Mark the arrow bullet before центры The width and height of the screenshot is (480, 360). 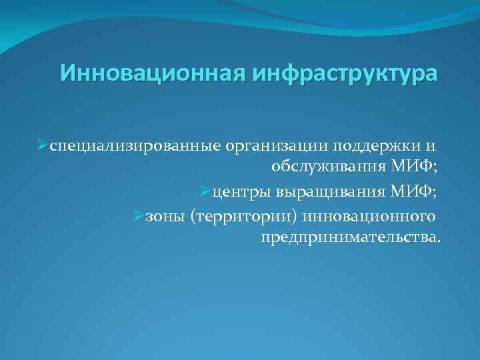tap(205, 193)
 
